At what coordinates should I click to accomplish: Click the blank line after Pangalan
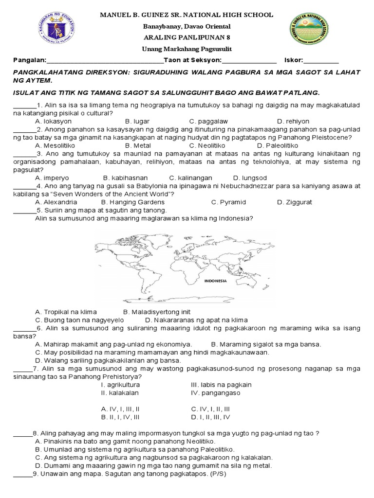(104, 61)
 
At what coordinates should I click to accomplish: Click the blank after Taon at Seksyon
(249, 61)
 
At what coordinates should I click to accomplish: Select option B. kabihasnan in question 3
(125, 178)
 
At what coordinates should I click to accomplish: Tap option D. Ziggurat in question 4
(294, 202)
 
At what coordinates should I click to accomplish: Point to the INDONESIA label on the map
(215, 281)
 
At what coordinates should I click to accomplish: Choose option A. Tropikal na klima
(66, 312)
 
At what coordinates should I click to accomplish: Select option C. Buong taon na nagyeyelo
(79, 320)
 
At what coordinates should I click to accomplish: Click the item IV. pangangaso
(215, 392)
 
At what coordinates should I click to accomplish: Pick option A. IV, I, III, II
(120, 409)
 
